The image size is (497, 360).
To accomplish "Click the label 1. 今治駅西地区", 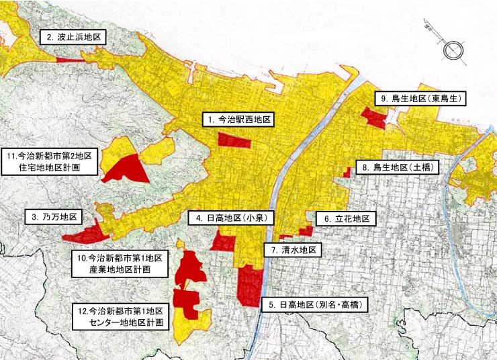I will click(238, 120).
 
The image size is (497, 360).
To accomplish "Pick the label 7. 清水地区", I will click(293, 250).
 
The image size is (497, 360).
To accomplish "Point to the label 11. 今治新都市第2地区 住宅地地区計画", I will click(50, 162).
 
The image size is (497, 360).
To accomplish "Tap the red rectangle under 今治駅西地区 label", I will click(234, 140).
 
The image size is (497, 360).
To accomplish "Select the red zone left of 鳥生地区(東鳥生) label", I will click(373, 118).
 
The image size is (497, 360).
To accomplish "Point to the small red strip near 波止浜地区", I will click(67, 60).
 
